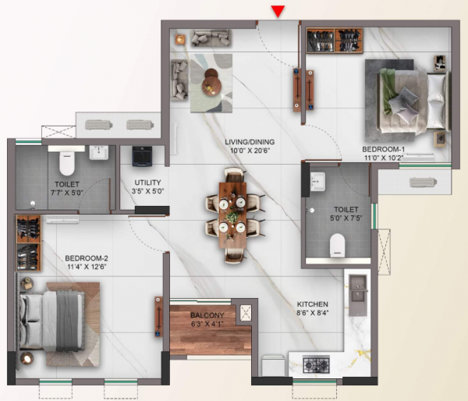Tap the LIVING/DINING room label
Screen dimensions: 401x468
pos(246,142)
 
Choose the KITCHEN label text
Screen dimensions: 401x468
pos(312,303)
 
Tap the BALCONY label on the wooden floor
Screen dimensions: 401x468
pos(207,316)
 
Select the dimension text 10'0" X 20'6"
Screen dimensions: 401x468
pos(246,152)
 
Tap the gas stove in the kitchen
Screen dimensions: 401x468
pos(315,363)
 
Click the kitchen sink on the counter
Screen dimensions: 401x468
pos(358,289)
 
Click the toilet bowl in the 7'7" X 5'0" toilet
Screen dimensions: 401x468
pos(66,161)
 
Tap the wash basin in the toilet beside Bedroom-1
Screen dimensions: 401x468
pos(318,182)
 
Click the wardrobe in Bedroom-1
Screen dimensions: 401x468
pos(335,41)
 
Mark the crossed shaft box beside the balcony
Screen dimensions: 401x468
pos(246,313)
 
